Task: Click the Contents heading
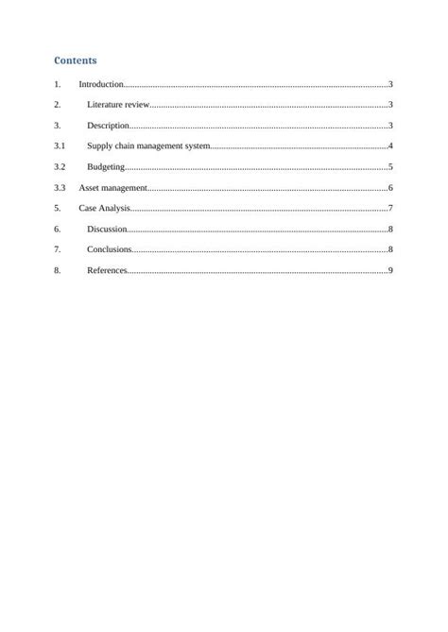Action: (76, 60)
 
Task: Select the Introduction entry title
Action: (101, 85)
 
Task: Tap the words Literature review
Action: (118, 105)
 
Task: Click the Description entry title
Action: (108, 126)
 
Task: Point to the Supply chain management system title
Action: (148, 146)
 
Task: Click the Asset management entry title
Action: (112, 188)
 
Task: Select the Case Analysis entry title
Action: (104, 208)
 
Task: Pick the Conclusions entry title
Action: (109, 249)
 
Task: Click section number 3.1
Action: (60, 146)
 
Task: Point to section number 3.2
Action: (60, 167)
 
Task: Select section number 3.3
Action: (60, 188)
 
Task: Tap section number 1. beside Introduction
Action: (58, 85)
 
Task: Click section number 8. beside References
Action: (58, 271)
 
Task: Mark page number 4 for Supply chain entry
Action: (390, 146)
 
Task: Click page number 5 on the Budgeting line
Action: (390, 167)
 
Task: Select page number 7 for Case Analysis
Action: (390, 208)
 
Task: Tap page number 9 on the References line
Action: (390, 271)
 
